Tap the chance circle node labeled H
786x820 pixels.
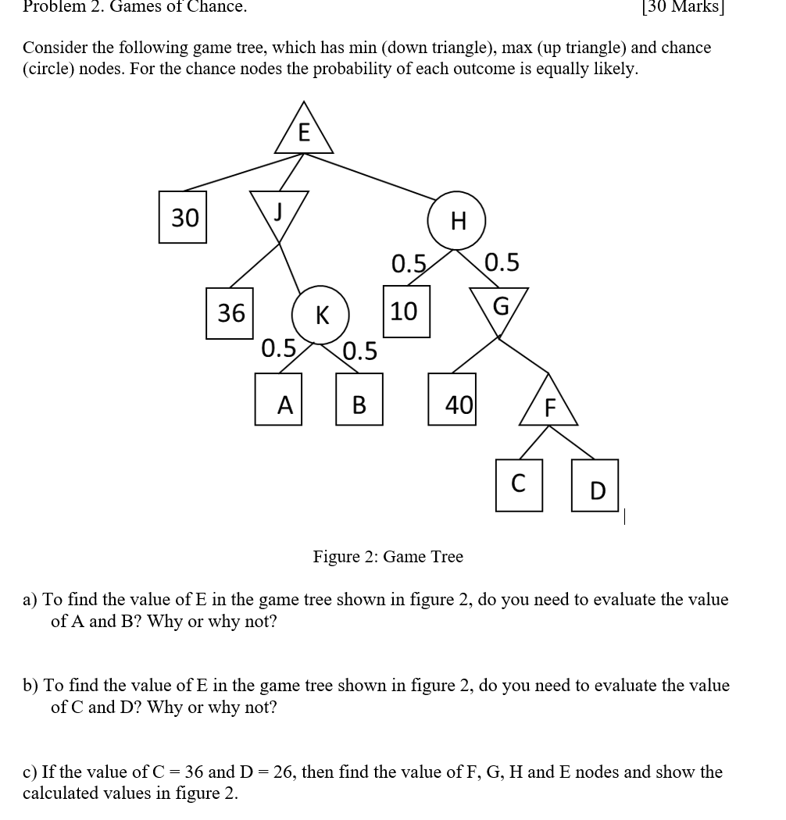click(458, 221)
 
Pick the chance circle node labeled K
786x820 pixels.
click(320, 315)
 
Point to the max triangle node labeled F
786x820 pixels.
click(548, 407)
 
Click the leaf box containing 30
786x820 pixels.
click(184, 217)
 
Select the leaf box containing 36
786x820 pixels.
click(230, 313)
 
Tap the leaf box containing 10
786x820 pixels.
click(406, 312)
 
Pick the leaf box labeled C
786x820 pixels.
click(518, 485)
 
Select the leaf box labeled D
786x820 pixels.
click(595, 490)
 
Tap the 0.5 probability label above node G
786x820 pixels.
click(502, 262)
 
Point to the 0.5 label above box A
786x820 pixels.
click(279, 347)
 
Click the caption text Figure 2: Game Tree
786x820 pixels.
click(388, 557)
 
